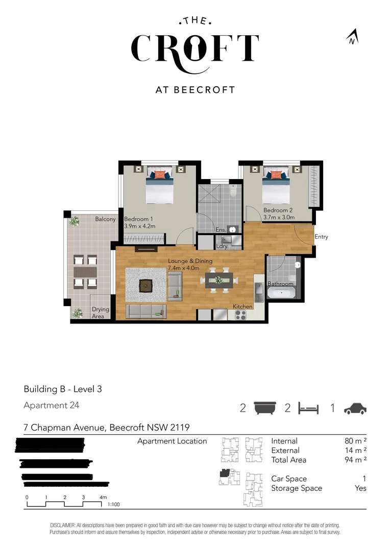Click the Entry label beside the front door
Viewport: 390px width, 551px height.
(x=321, y=237)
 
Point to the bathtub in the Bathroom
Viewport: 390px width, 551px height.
(x=280, y=293)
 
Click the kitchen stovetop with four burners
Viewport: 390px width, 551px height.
(x=240, y=315)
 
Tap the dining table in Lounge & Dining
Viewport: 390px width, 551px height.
(x=219, y=280)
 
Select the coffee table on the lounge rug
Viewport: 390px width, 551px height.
(x=147, y=286)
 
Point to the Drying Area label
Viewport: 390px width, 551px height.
(x=97, y=313)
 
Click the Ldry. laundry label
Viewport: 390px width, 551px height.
(x=222, y=246)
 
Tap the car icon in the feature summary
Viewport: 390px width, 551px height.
(x=355, y=408)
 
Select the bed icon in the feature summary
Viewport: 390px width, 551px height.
(x=308, y=408)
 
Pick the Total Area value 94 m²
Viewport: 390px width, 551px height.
(x=356, y=460)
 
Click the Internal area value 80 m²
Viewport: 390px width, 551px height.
(x=356, y=441)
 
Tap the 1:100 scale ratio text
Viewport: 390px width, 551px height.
(x=113, y=504)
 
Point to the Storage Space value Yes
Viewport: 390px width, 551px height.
(x=360, y=488)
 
